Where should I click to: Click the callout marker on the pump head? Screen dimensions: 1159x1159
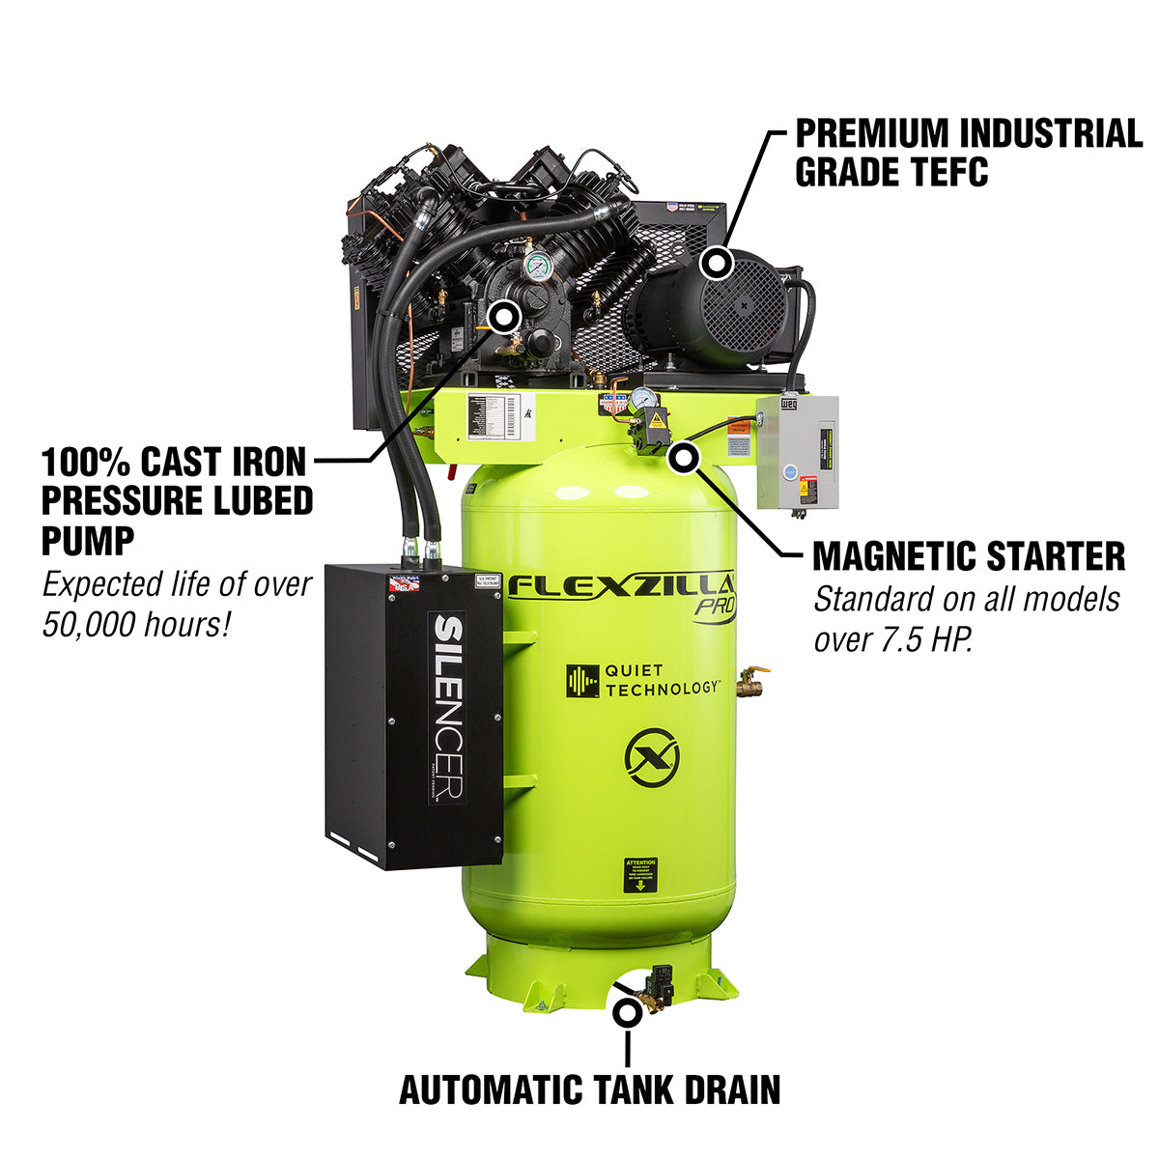click(504, 315)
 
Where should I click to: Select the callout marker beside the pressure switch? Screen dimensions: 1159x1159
click(684, 458)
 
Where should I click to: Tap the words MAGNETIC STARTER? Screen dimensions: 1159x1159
click(969, 557)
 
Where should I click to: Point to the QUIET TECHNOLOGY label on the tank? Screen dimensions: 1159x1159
click(642, 680)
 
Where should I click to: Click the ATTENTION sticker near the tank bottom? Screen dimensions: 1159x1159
click(639, 875)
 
